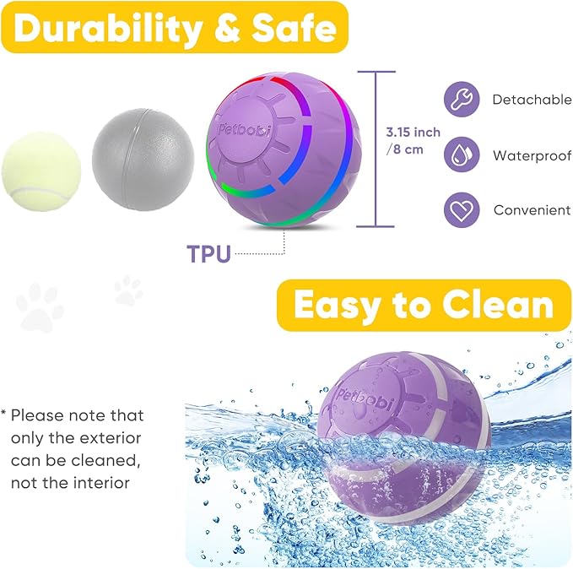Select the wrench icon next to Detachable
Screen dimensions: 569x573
coord(461,100)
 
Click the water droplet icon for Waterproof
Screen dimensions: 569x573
coord(461,154)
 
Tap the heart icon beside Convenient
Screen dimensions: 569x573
coord(461,209)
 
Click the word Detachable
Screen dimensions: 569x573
coord(532,100)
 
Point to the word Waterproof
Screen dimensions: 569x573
coord(532,155)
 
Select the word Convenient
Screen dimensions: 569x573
coord(532,210)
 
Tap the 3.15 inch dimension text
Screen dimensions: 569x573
coord(414,133)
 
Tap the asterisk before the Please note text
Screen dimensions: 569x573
coord(4,415)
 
